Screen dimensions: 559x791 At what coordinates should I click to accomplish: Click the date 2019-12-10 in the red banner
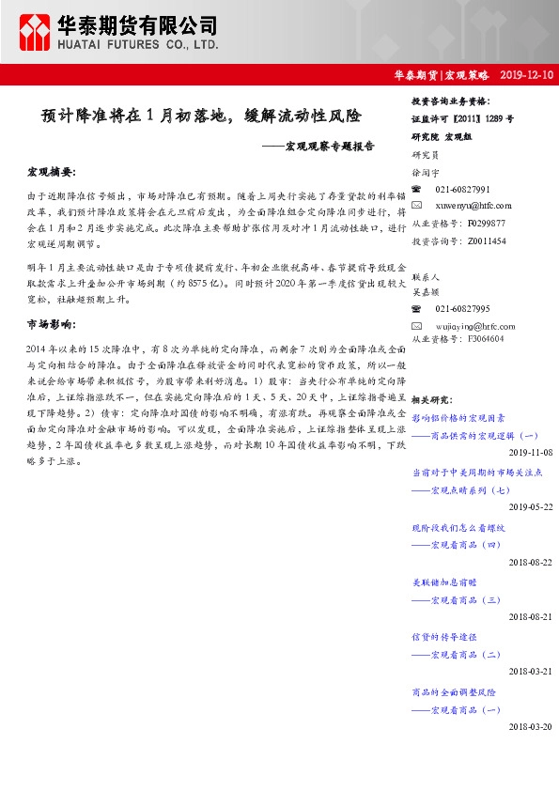coord(527,74)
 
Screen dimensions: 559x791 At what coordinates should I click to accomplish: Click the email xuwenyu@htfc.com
coord(474,206)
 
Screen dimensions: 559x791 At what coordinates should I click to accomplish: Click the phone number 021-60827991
coord(462,190)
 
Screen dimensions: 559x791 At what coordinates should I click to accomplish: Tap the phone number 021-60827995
coord(462,308)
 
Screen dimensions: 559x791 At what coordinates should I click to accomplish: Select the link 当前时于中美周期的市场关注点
coord(477,474)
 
